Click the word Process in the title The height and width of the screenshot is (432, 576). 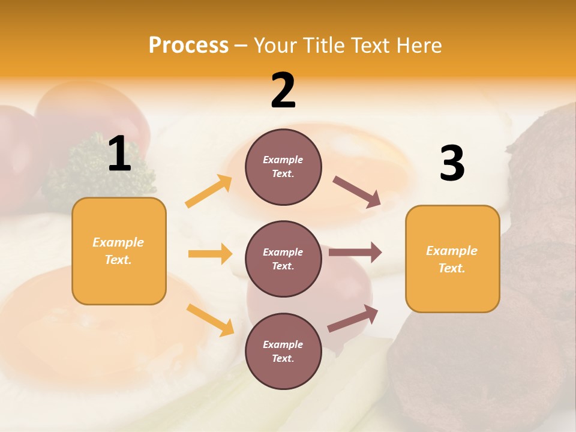(188, 46)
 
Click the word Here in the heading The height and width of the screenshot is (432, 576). (419, 46)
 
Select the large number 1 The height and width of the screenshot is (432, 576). (119, 154)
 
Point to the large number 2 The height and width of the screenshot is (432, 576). (283, 90)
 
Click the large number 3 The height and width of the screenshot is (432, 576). (452, 164)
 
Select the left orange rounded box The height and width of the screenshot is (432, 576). (119, 251)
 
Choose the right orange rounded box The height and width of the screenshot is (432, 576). (452, 259)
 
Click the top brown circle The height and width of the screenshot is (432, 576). (283, 167)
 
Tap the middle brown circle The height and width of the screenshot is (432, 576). (283, 259)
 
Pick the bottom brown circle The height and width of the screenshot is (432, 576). (283, 351)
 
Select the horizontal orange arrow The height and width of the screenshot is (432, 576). (210, 254)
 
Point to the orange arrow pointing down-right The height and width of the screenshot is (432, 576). (210, 320)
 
